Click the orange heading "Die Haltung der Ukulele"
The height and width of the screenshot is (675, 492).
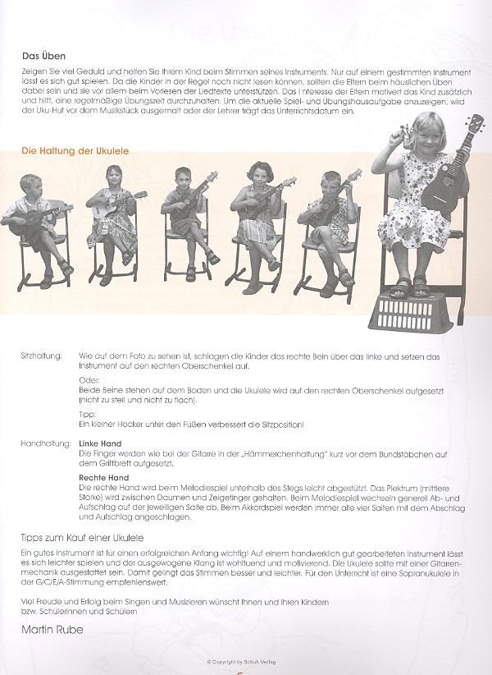(75, 151)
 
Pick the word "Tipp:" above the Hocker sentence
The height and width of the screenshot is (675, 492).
(87, 415)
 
